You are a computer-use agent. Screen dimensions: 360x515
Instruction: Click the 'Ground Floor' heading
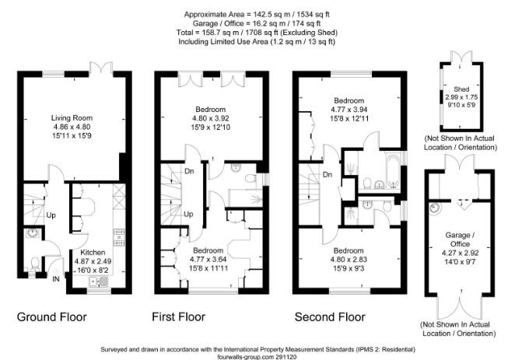pos(52,316)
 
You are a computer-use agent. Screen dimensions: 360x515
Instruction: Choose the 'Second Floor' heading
pos(330,316)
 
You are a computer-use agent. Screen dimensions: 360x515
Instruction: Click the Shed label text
pos(451,89)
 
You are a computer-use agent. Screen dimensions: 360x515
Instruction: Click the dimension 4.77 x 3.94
pos(349,110)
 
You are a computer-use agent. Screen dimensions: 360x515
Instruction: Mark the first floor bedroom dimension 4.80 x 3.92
pos(211,118)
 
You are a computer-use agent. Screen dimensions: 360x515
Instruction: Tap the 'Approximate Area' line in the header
pos(256,14)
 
